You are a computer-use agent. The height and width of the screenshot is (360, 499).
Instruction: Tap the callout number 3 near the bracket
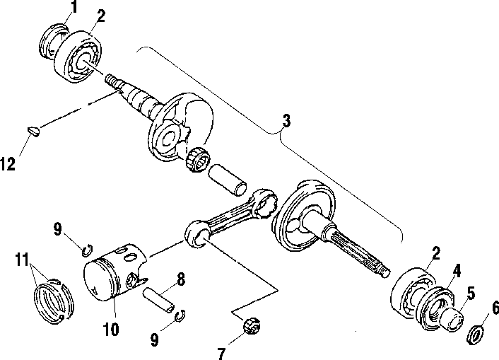[286, 121]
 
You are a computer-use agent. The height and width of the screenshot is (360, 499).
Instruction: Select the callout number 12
[8, 164]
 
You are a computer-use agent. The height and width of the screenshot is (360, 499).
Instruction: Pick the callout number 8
[181, 280]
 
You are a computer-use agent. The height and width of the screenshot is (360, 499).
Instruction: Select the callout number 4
[456, 269]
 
